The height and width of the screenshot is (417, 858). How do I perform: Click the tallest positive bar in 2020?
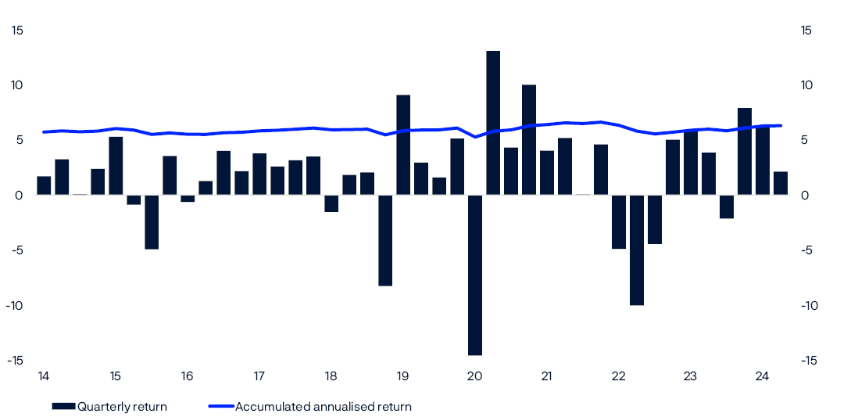(493, 123)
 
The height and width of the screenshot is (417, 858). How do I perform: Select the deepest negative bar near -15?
(475, 275)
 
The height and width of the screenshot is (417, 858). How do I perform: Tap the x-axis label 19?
(403, 376)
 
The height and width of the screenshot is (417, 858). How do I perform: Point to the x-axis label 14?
(44, 376)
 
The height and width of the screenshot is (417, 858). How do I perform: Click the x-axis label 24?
(763, 376)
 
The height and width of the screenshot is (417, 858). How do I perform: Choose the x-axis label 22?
(619, 376)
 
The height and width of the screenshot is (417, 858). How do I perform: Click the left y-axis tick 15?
(17, 31)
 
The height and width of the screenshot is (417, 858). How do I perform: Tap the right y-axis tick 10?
(807, 85)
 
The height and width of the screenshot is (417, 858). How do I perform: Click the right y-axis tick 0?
(805, 195)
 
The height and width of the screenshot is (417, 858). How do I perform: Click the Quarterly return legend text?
(122, 406)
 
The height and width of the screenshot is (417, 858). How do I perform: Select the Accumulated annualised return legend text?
(323, 406)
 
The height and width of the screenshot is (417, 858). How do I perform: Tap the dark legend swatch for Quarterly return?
(63, 406)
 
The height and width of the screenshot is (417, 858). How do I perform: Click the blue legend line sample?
(221, 406)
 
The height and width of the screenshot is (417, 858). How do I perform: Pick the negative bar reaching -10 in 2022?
(637, 250)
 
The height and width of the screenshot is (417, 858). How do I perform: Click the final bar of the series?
(781, 183)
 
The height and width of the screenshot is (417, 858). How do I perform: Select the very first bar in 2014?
(44, 185)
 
